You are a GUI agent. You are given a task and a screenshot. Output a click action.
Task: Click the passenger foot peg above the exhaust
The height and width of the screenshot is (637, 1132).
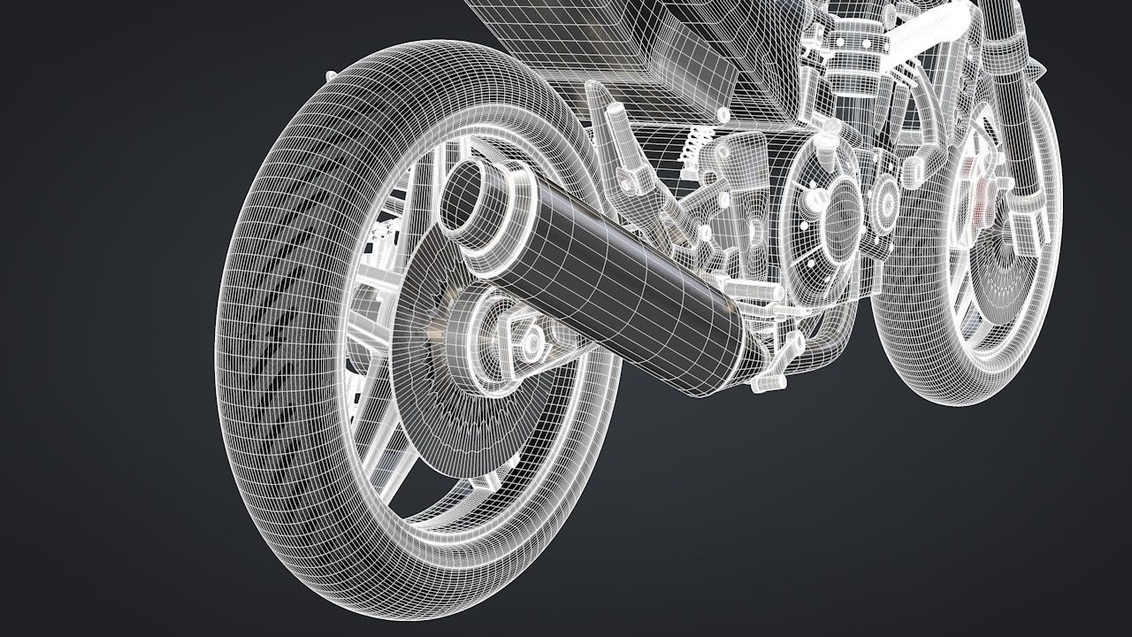[x=619, y=146]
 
